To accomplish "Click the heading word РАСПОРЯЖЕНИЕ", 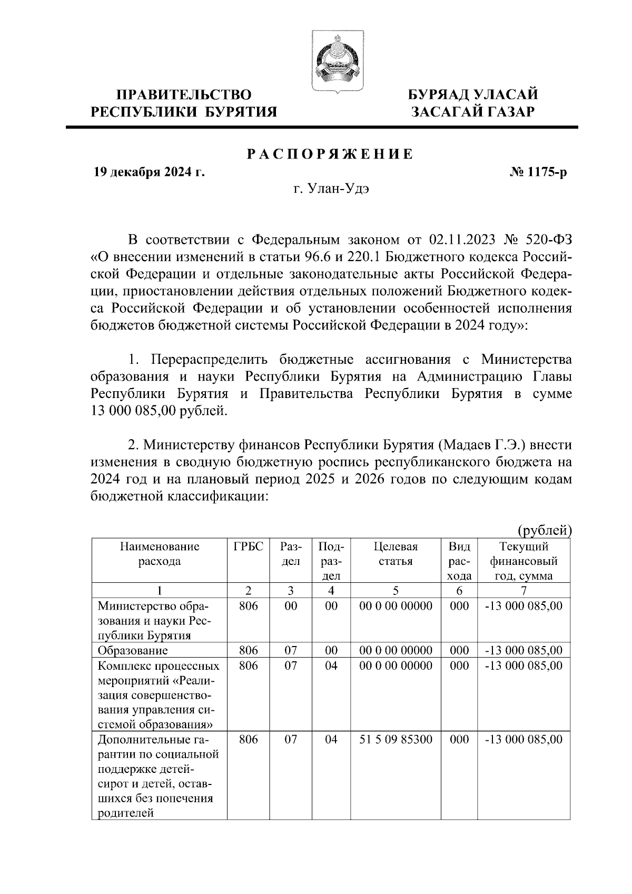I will pos(330,154).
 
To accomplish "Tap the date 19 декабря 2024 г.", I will pos(149,173).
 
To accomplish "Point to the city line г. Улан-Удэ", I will pos(331,188).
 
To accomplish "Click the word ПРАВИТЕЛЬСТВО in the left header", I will pos(184,95).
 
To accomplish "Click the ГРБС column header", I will pos(248,547).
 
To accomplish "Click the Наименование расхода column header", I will pos(159,553).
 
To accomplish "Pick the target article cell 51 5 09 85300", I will pos(396,739).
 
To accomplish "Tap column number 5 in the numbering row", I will pos(396,590).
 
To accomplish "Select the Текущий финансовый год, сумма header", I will pos(524,561).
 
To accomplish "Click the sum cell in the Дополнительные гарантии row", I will pos(524,739).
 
